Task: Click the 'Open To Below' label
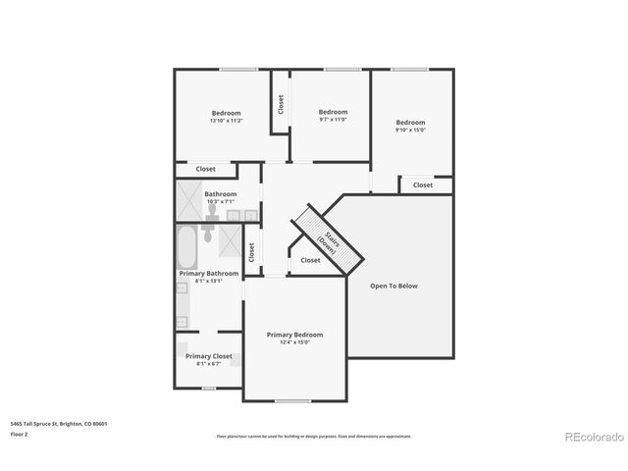(x=393, y=287)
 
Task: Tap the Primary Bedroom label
(x=294, y=335)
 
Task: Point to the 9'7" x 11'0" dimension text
(x=333, y=120)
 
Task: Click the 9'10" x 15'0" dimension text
(x=410, y=130)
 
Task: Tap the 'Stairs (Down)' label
(x=327, y=238)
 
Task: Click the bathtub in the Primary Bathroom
(x=185, y=248)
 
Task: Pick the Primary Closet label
(x=209, y=356)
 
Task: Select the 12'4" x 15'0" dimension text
(x=294, y=342)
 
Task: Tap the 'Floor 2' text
(x=20, y=433)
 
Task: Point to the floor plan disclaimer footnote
(x=314, y=436)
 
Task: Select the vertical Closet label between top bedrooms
(x=281, y=104)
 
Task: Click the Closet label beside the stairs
(x=310, y=260)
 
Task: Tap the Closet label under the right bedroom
(x=422, y=184)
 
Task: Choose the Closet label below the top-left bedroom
(x=205, y=170)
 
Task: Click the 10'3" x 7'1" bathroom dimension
(x=220, y=202)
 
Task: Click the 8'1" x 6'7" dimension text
(x=209, y=364)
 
